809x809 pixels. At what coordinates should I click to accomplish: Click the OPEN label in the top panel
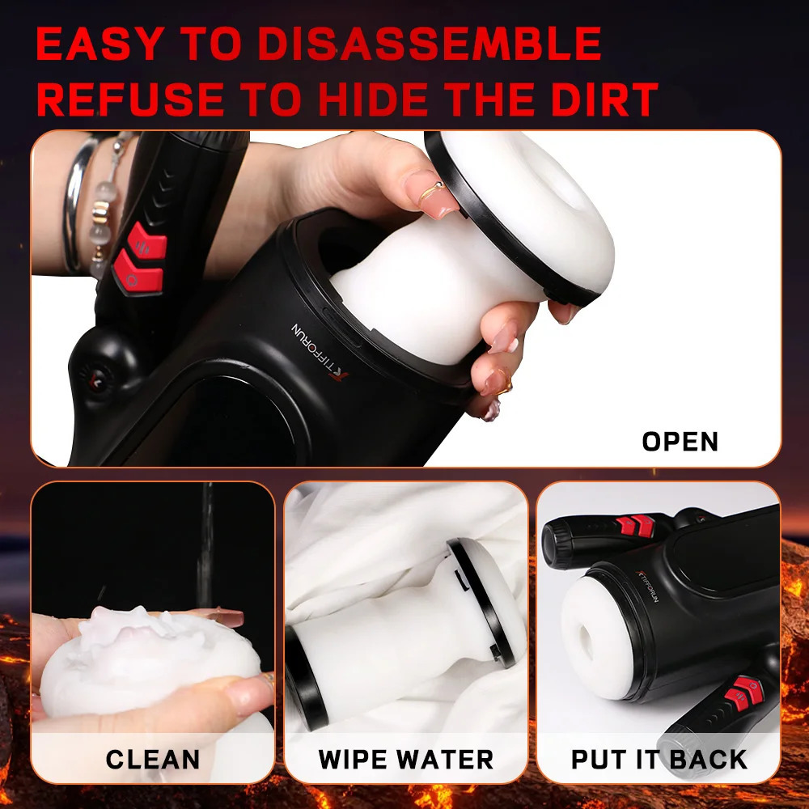point(680,442)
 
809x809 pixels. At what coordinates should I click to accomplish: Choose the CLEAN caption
point(152,760)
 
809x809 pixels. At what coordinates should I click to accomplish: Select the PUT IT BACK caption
point(659,760)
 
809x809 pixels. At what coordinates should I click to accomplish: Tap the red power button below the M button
point(138,273)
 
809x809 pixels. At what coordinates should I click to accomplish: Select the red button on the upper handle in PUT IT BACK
point(633,526)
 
